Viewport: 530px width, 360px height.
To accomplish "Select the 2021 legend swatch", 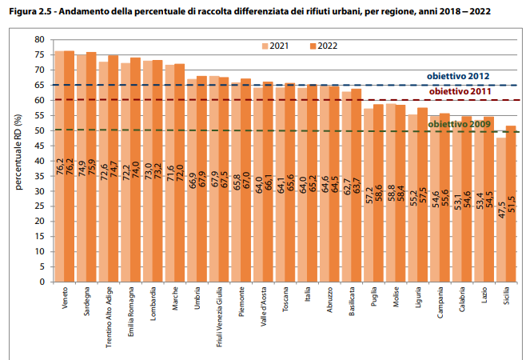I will [266, 46].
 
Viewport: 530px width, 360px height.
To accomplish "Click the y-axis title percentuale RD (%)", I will [18, 160].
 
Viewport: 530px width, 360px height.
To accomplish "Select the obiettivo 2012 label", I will [457, 77].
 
